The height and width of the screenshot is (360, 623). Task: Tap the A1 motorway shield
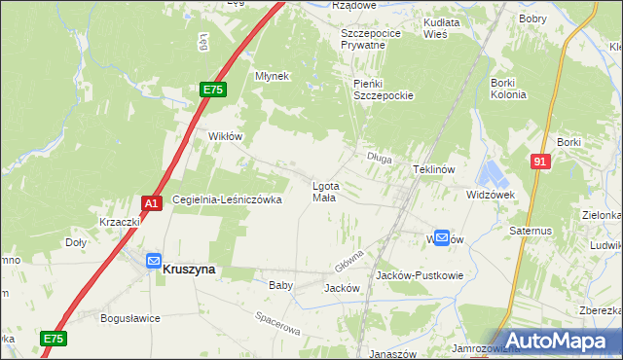(151, 202)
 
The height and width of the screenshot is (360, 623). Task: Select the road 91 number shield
(540, 162)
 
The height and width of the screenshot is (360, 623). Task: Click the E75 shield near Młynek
(214, 90)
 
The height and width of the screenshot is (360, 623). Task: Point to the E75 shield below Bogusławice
(54, 338)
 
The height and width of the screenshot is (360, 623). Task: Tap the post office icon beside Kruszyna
(154, 260)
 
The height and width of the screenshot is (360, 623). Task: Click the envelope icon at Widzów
(442, 236)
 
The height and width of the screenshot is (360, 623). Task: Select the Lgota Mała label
(324, 191)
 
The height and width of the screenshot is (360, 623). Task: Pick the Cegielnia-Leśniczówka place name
(227, 199)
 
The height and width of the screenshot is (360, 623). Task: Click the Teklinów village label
(434, 168)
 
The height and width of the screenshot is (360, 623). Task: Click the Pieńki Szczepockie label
(384, 90)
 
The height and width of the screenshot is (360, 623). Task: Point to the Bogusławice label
(129, 317)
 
